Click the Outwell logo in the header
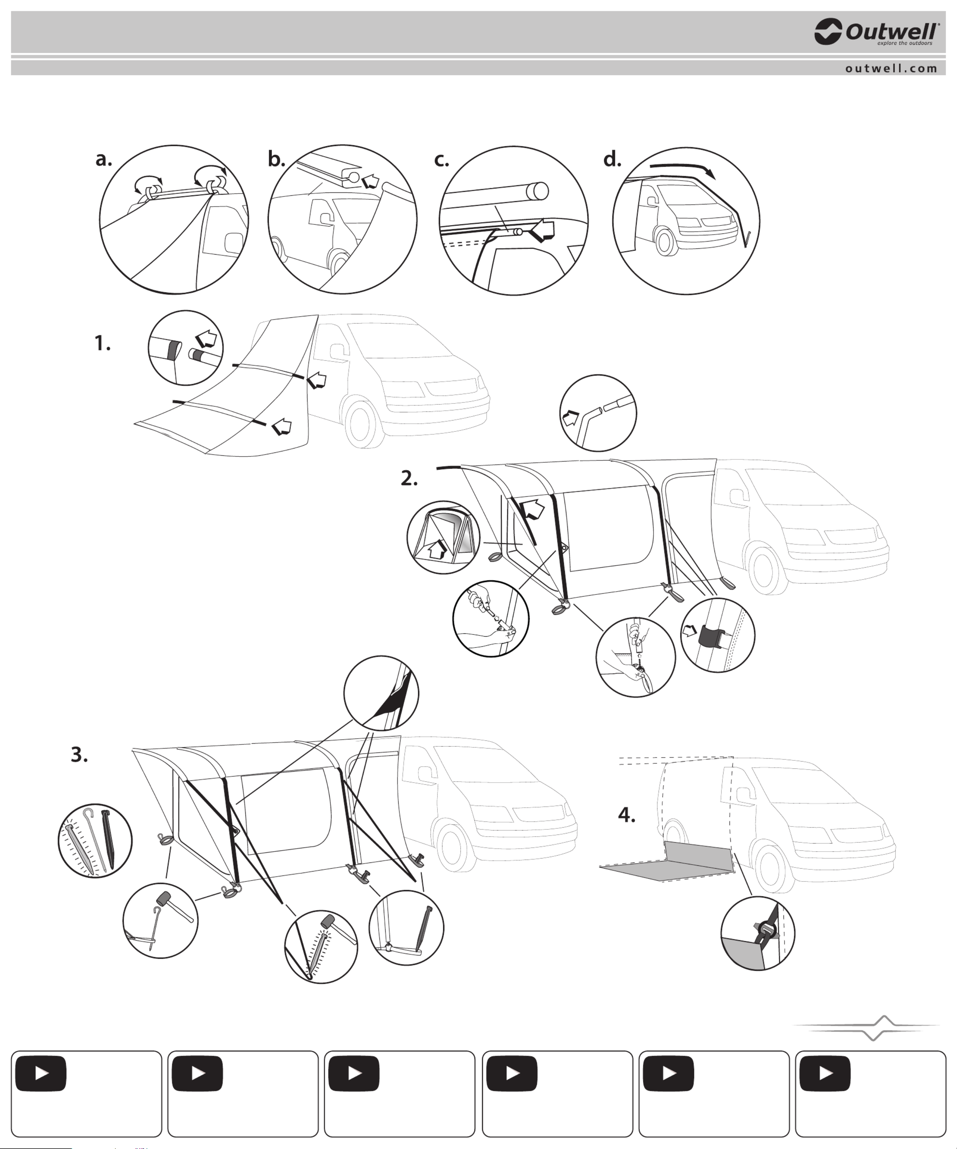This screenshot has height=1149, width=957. click(x=877, y=32)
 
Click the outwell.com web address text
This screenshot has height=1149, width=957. click(x=891, y=68)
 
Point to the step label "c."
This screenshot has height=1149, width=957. click(x=441, y=160)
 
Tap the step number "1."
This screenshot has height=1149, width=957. click(x=102, y=343)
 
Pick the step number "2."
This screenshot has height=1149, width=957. click(x=409, y=478)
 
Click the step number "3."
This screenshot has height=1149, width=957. click(x=79, y=755)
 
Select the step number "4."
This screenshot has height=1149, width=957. click(x=627, y=815)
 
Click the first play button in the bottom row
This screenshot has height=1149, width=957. click(x=41, y=1073)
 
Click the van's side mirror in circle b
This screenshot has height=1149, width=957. click(x=322, y=217)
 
